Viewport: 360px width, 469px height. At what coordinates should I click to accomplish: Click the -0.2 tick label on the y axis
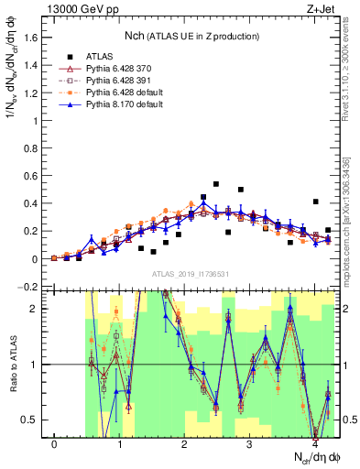click(x=31, y=287)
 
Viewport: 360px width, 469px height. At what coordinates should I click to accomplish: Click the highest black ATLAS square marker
click(x=216, y=184)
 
